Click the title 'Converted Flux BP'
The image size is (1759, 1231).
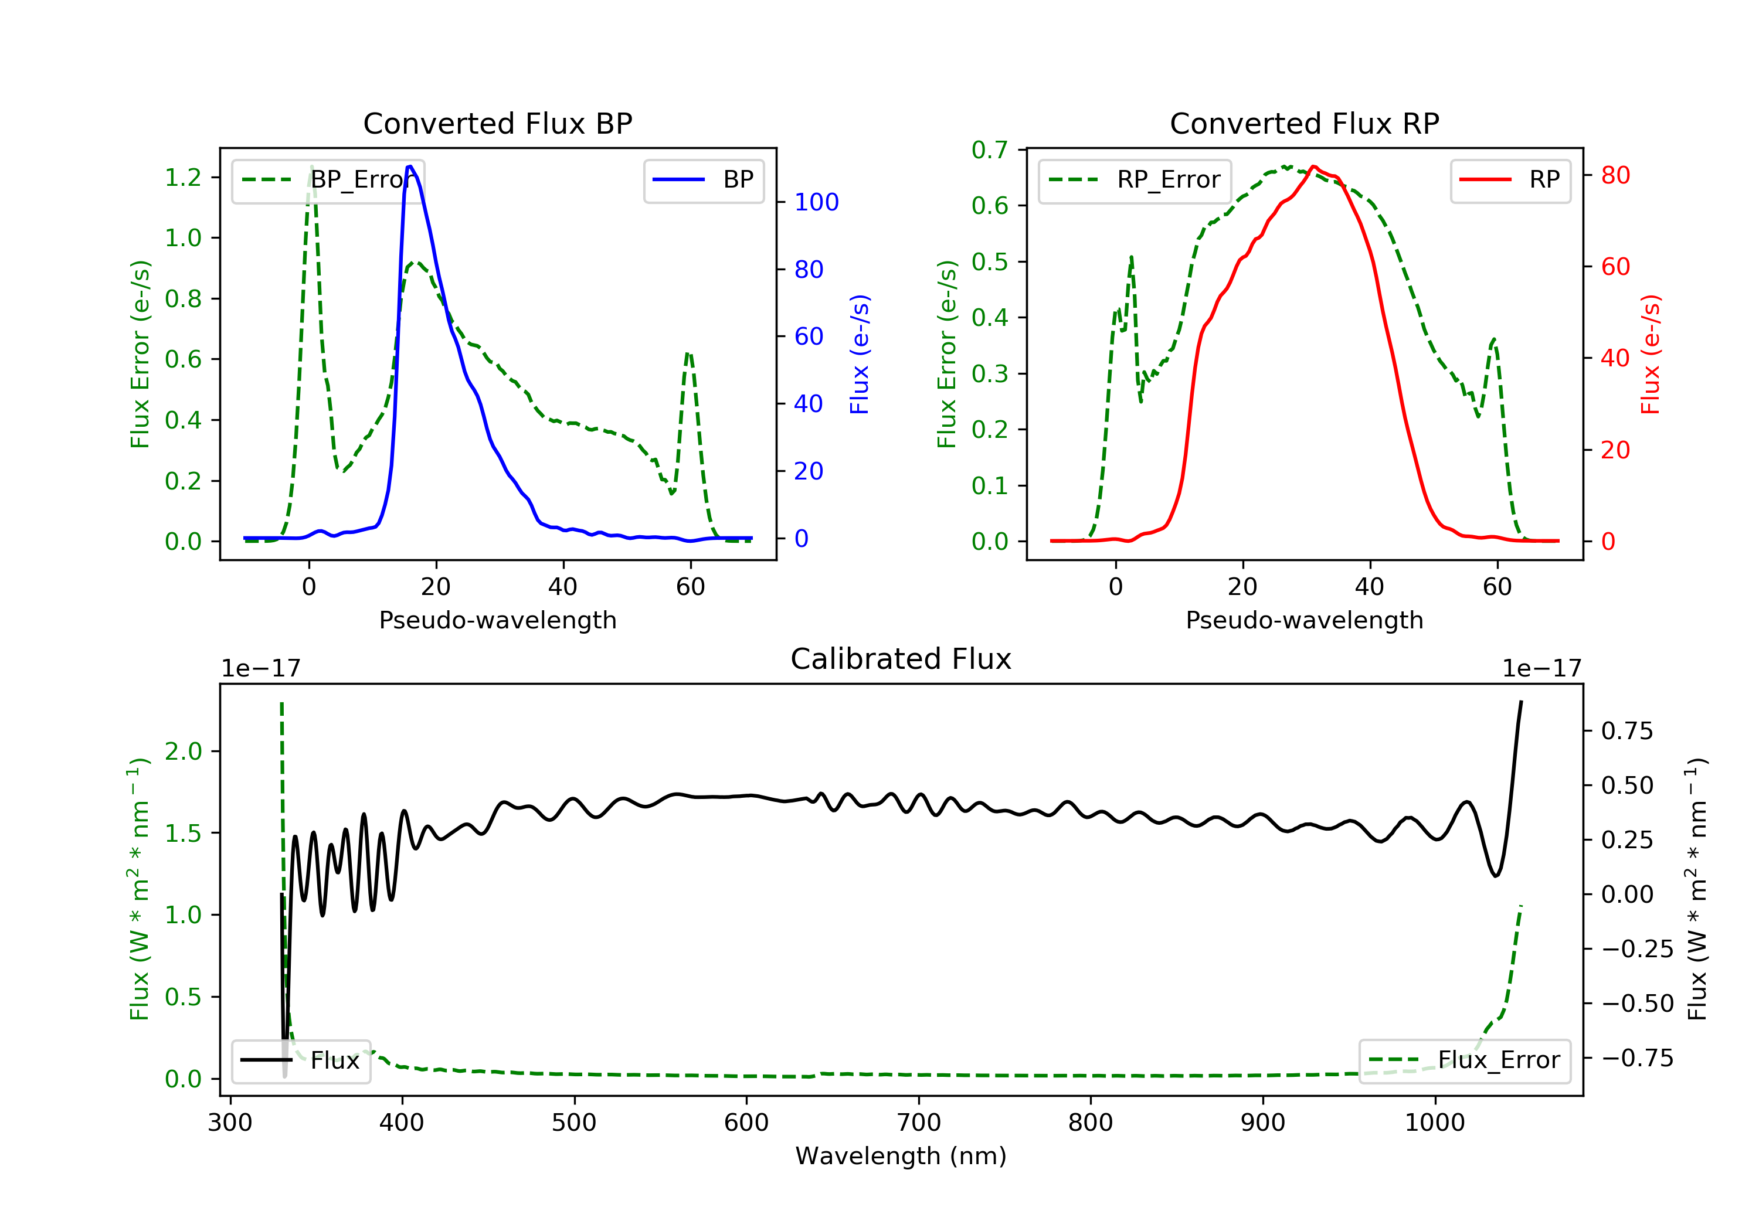[x=497, y=123]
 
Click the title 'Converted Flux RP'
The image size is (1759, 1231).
[x=1304, y=123]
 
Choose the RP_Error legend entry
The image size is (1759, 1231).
[x=1135, y=180]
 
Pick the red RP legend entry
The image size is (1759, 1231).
[x=1510, y=180]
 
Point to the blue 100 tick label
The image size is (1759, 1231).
[x=816, y=202]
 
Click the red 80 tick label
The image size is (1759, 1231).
[x=1615, y=175]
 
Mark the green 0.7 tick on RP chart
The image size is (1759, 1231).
[x=990, y=150]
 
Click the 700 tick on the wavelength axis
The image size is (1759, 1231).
[x=919, y=1123]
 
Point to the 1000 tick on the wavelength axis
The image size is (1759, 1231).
[x=1434, y=1123]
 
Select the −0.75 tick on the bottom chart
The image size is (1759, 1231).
[x=1636, y=1058]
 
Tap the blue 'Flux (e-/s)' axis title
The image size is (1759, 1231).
[x=860, y=355]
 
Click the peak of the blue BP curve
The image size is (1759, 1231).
[x=410, y=166]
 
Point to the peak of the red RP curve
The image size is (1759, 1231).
[x=1314, y=166]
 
